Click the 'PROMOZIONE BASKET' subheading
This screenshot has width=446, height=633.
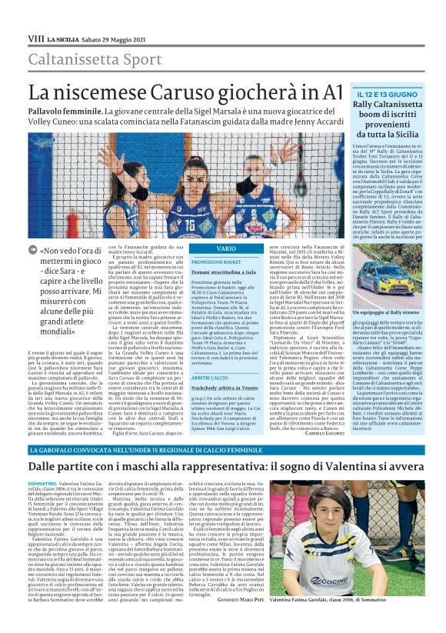coord(213,262)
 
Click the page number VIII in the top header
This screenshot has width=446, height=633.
coord(35,38)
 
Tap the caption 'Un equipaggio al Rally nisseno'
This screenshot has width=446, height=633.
coord(384,314)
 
